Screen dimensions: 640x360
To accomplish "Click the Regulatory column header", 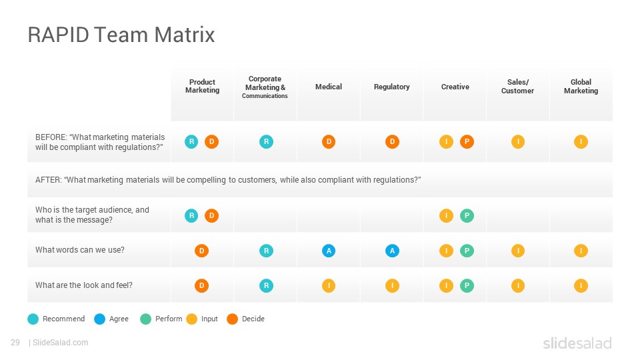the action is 391,87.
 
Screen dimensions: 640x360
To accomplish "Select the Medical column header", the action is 329,87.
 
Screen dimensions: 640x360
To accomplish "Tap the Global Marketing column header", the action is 581,86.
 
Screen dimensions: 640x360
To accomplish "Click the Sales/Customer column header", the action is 517,86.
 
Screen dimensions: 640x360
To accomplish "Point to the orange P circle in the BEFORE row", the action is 467,141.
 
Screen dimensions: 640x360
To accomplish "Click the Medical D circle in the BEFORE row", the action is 329,141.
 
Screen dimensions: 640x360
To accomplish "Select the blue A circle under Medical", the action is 329,251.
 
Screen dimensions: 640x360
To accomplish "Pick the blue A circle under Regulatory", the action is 392,251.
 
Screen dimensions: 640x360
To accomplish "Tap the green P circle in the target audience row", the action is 467,215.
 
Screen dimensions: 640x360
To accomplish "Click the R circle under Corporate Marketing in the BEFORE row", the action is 266,141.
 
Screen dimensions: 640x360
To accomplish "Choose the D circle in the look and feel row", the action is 201,286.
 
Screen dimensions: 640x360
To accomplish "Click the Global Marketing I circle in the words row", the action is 581,251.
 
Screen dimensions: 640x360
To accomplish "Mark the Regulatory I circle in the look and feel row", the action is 392,286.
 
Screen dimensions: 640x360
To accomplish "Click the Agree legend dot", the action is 99,319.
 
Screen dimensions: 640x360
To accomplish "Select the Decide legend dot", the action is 232,319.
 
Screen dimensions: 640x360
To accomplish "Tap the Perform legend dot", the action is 146,319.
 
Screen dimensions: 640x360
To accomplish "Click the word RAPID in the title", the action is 59,35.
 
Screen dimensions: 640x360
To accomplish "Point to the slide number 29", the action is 15,343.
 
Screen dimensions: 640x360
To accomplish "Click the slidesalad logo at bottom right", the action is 577,343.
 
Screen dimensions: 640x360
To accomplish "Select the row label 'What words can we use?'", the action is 79,250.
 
